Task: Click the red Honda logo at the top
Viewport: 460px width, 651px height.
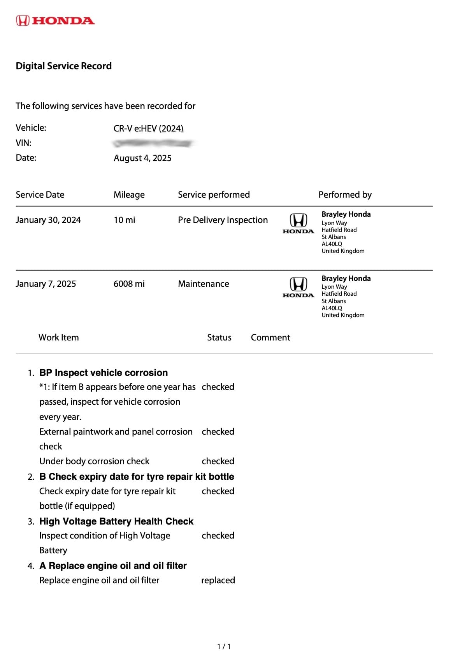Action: tap(55, 21)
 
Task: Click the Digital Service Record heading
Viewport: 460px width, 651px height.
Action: tap(63, 66)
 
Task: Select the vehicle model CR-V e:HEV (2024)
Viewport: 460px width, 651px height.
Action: tap(148, 128)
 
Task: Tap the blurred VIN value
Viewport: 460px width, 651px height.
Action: tap(153, 144)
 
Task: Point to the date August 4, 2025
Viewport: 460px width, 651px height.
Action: tap(142, 158)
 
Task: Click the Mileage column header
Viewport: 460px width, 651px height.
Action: tap(129, 195)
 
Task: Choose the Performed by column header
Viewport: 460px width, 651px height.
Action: tap(345, 195)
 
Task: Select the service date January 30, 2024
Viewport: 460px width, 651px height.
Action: tap(48, 220)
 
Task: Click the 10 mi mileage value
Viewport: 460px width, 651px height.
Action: tap(124, 220)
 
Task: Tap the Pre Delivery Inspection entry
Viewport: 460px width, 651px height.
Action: tap(223, 220)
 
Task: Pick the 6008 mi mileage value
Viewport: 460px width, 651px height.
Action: tap(129, 284)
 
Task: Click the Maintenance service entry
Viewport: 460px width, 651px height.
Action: tap(203, 284)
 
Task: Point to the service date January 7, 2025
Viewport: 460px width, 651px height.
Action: tap(46, 284)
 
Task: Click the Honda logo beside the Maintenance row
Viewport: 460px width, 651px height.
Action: tap(298, 287)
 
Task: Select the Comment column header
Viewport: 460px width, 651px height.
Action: tap(270, 337)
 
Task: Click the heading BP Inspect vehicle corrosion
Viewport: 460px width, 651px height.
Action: tap(104, 373)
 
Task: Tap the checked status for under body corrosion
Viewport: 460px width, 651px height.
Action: tap(218, 461)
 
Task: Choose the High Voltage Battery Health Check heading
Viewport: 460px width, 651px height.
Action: tap(116, 521)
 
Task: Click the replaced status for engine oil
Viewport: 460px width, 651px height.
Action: tap(218, 580)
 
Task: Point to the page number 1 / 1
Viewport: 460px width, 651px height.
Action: tap(224, 646)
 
